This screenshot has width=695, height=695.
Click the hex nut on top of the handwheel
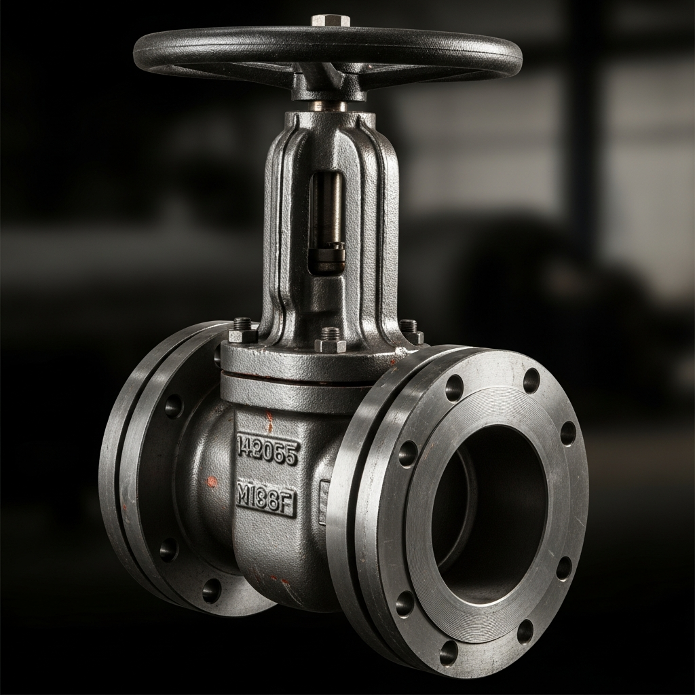[331, 20]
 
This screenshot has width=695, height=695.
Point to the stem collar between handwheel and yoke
[329, 106]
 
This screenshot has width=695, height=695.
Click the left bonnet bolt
[243, 331]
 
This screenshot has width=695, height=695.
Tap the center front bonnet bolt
[331, 340]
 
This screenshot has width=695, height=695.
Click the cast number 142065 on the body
[267, 451]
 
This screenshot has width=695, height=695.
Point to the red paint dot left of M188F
[212, 481]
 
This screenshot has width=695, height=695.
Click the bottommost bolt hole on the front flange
[448, 653]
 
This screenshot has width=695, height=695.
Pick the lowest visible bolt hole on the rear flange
[211, 590]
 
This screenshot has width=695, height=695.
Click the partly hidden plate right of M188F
[324, 502]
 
